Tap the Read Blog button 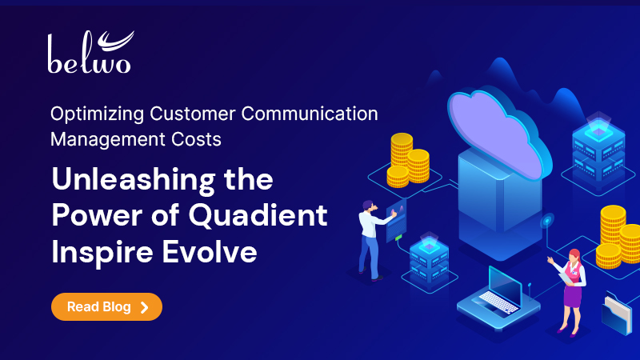[x=106, y=306]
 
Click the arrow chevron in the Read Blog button [x=144, y=306]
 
